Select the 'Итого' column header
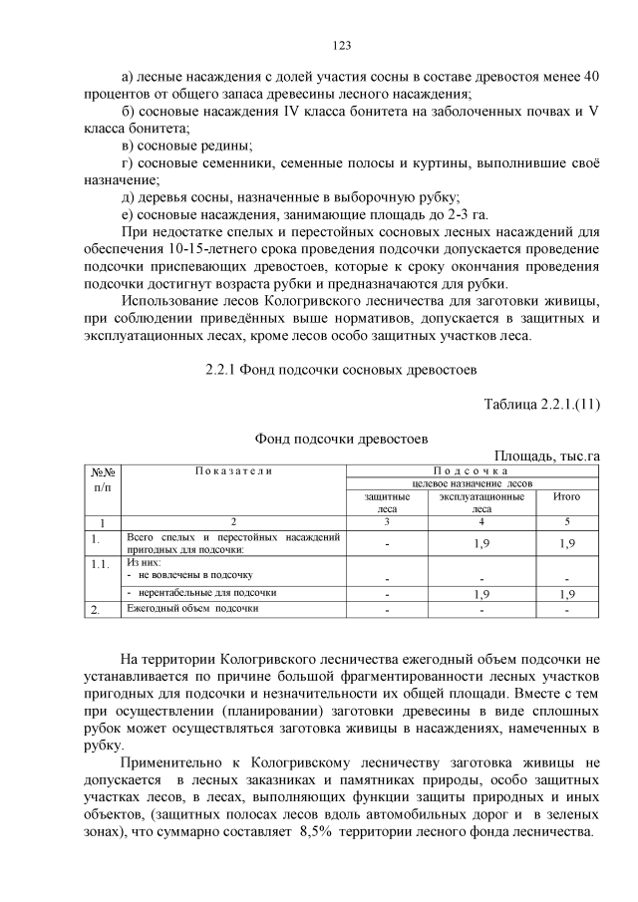point(567,495)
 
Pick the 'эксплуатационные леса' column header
point(481,501)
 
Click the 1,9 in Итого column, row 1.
point(567,543)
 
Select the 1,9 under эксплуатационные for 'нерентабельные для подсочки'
point(481,594)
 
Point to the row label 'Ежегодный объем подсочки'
point(192,608)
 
